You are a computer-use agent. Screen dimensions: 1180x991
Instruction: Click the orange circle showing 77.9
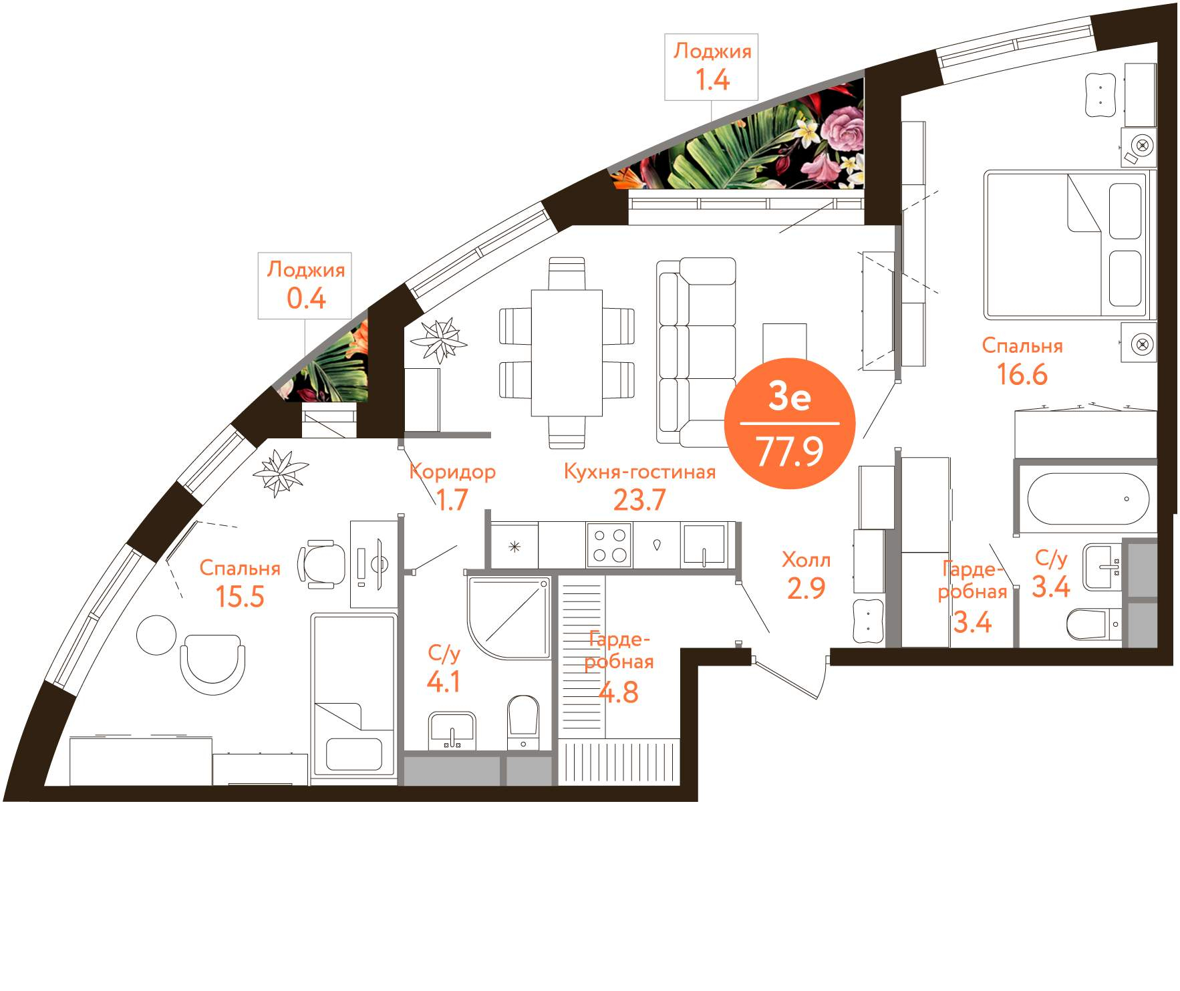point(790,424)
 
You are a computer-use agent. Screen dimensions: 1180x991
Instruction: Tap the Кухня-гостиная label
point(639,472)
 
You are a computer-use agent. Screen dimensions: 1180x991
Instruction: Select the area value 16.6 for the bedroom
point(1022,374)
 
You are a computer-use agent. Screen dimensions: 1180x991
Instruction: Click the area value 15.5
point(240,596)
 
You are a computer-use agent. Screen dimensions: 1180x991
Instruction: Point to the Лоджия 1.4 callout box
point(711,67)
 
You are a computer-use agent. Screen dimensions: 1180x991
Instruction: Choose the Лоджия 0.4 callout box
point(305,285)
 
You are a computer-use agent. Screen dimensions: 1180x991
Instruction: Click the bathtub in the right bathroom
point(1088,499)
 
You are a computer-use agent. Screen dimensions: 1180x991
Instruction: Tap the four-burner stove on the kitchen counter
point(609,545)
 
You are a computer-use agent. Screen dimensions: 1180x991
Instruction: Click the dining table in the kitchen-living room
point(567,352)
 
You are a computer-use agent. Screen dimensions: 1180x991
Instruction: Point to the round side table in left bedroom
point(157,635)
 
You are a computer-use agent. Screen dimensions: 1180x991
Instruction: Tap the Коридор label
point(452,472)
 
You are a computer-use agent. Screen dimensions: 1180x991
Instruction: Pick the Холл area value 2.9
point(806,588)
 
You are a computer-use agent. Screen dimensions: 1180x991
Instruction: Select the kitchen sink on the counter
point(704,545)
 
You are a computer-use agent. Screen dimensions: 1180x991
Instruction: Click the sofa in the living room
point(696,351)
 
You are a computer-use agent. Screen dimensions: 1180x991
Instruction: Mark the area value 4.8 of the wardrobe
point(618,692)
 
